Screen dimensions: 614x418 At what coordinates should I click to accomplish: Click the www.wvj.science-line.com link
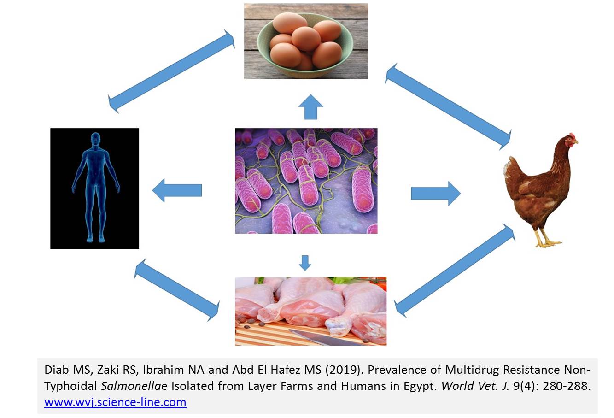[x=115, y=402]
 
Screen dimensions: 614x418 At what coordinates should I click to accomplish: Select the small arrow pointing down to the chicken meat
[x=305, y=263]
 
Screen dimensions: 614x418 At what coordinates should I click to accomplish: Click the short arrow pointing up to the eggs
[x=310, y=107]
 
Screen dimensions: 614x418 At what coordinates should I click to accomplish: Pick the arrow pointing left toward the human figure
[x=177, y=190]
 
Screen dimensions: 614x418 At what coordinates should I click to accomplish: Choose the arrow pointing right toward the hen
[x=436, y=194]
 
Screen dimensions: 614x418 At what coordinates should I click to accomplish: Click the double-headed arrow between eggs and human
[x=171, y=71]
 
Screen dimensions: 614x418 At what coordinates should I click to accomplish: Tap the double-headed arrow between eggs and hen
[x=448, y=107]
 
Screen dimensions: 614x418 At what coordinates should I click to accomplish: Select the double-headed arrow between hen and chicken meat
[x=455, y=270]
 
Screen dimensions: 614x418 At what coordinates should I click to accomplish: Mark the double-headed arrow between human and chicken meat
[x=177, y=289]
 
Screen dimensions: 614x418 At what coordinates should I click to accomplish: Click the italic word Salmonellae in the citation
[x=134, y=386]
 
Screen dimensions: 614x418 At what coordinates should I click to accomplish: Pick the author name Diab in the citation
[x=57, y=370]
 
